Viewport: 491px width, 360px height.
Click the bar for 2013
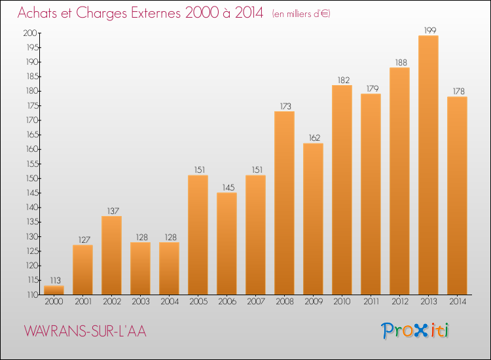(x=428, y=165)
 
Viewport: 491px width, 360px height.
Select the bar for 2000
(x=54, y=290)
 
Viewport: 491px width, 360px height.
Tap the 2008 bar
(x=284, y=203)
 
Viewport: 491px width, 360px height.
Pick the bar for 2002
(x=111, y=255)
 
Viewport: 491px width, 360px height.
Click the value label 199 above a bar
(x=430, y=30)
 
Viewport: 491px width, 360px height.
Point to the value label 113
(x=56, y=280)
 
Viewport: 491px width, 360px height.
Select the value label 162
(x=314, y=137)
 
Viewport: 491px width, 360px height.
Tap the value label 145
(x=228, y=187)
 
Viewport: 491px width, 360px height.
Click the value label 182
(x=344, y=80)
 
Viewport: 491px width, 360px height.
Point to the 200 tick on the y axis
(x=30, y=33)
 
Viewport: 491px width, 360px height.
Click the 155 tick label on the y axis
(x=32, y=164)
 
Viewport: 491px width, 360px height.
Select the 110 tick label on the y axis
(x=32, y=295)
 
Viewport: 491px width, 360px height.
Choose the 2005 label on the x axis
(x=198, y=302)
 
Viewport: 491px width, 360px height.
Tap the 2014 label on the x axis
(x=458, y=302)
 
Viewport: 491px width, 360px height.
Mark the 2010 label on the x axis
(x=342, y=302)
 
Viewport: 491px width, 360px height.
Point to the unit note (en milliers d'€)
(x=301, y=14)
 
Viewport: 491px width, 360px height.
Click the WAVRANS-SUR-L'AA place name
(x=85, y=331)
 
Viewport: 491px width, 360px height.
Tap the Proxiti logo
(x=415, y=331)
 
